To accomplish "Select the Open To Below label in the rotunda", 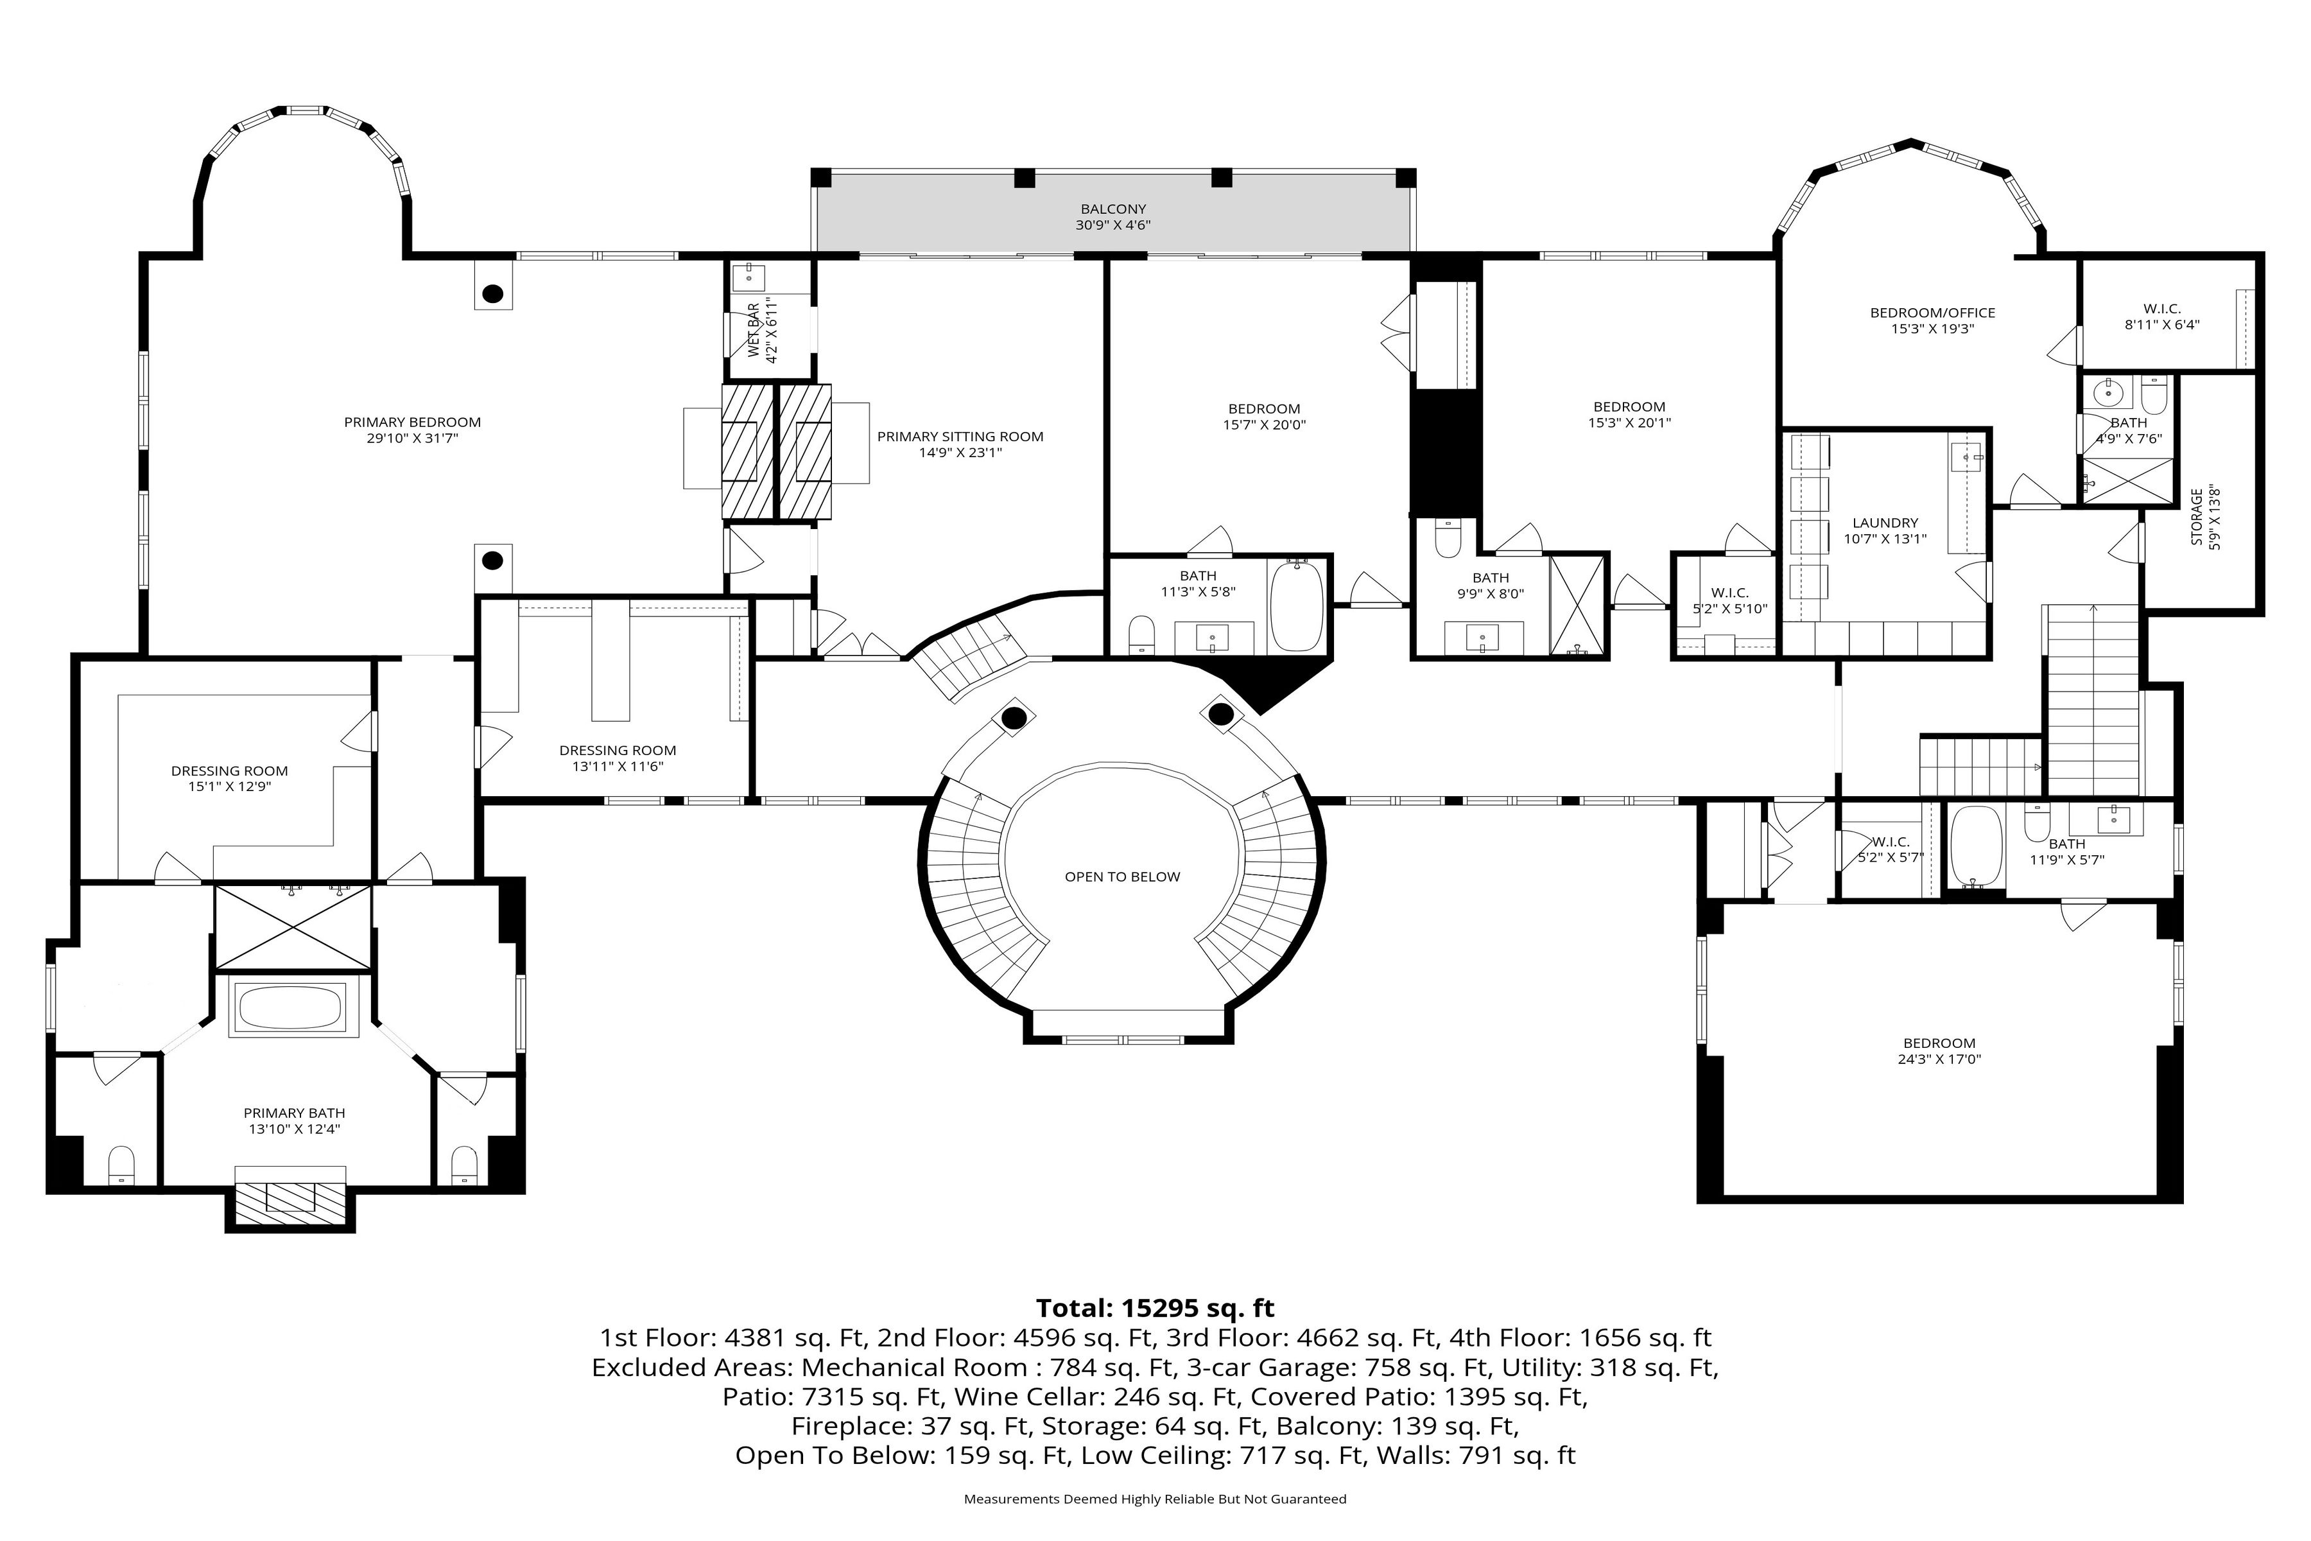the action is click(1122, 876).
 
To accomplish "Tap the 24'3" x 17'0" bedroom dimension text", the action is click(1939, 1059).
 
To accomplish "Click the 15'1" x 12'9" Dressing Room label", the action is click(229, 778).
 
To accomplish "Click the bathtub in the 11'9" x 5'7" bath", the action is click(1975, 846).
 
